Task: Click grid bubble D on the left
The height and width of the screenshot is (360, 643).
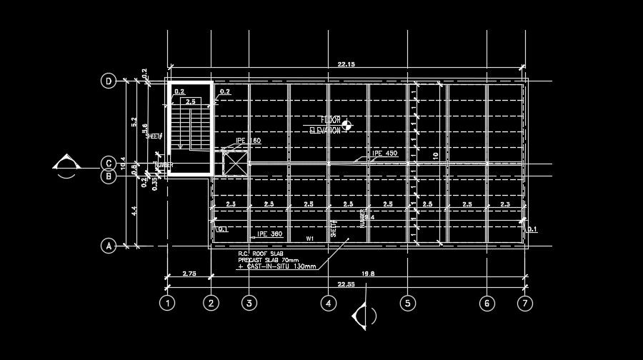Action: click(x=109, y=81)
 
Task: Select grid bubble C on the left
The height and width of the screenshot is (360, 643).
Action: click(x=109, y=163)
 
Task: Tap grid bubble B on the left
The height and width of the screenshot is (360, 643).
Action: click(x=109, y=176)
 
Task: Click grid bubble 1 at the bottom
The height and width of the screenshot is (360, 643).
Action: click(x=167, y=304)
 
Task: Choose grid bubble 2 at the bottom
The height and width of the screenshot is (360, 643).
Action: click(x=210, y=304)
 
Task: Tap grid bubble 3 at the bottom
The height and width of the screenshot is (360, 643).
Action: click(x=248, y=304)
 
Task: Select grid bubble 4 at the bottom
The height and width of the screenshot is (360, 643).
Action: click(x=328, y=304)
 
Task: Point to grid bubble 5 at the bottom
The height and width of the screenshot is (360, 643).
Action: click(x=407, y=304)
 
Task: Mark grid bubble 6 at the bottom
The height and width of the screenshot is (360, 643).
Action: click(x=487, y=304)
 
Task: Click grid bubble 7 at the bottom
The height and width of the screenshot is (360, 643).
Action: click(x=525, y=304)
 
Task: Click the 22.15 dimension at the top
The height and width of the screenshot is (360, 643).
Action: click(x=347, y=65)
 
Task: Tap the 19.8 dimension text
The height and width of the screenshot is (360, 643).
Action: click(x=368, y=273)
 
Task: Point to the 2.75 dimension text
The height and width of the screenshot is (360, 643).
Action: click(x=189, y=273)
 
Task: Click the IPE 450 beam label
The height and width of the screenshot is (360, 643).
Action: click(x=384, y=154)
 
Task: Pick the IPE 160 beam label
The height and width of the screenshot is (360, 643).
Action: click(x=249, y=141)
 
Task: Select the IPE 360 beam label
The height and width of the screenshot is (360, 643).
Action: click(x=269, y=234)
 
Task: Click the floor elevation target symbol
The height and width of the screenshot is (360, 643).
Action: click(x=347, y=126)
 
